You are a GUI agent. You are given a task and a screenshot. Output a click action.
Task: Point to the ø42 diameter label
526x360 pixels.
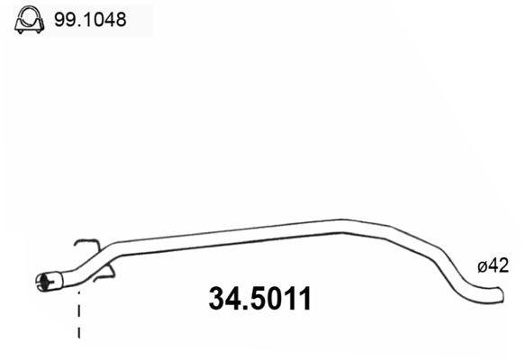pyautogui.click(x=493, y=265)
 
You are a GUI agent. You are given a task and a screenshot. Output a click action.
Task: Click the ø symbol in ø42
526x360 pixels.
pyautogui.click(x=482, y=266)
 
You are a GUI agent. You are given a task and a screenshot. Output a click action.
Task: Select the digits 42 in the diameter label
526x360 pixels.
pyautogui.click(x=500, y=265)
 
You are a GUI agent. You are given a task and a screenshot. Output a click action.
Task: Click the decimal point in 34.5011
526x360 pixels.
pyautogui.click(x=238, y=309)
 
